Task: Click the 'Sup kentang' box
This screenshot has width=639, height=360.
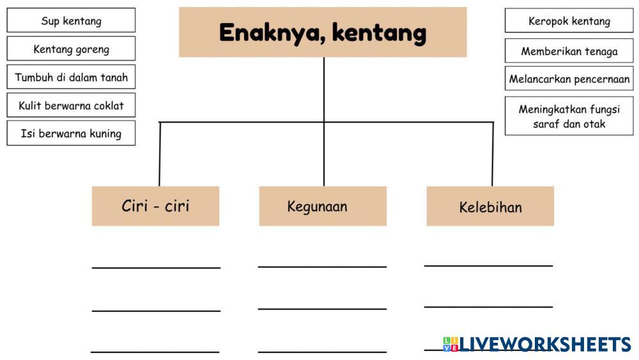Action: (x=71, y=20)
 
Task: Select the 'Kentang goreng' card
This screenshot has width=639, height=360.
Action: (x=71, y=49)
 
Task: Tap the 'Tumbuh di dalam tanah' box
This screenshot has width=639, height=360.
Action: (x=71, y=77)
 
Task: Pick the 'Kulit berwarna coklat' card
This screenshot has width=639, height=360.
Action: (x=71, y=106)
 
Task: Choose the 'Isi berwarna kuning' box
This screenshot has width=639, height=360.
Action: (x=71, y=134)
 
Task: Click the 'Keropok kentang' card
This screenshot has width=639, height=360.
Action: (x=569, y=21)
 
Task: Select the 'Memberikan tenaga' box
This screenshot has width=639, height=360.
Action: (x=569, y=51)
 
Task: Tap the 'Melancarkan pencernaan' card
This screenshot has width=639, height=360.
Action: (x=569, y=80)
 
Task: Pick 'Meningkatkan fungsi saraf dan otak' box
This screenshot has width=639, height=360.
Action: (x=569, y=116)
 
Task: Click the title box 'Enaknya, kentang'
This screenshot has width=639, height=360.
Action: (x=323, y=32)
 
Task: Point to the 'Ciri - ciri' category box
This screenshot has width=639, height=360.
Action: (x=155, y=206)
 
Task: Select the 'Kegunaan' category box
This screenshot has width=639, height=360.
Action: (x=323, y=206)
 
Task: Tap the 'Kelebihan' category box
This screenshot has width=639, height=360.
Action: (x=490, y=207)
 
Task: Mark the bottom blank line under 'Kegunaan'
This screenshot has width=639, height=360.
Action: (x=322, y=350)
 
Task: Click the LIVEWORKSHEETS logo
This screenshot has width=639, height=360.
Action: (x=537, y=344)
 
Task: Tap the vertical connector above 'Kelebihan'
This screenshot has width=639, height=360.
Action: (x=492, y=153)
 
